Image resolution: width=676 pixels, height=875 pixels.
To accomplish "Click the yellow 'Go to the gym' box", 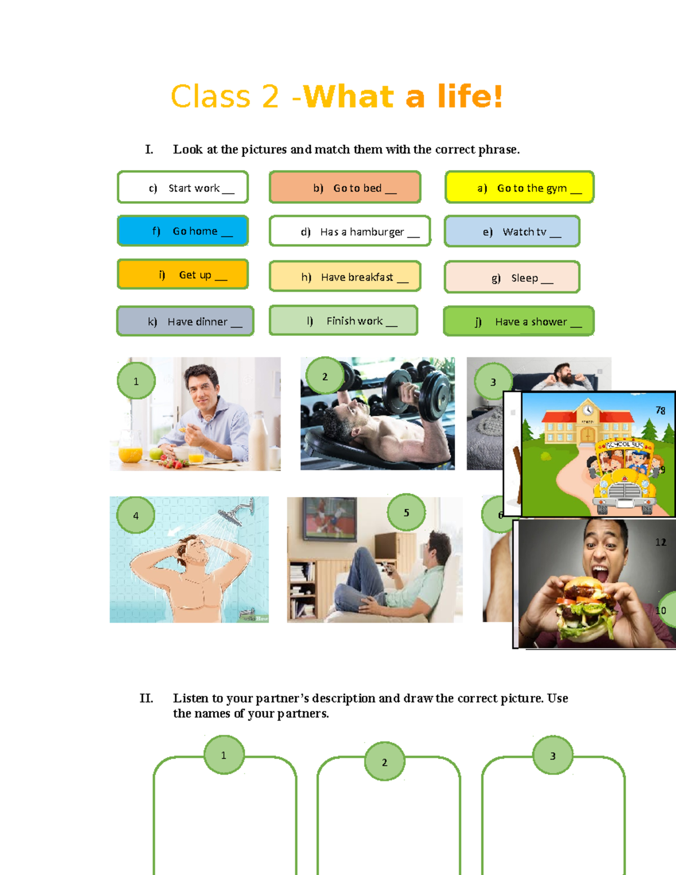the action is click(x=519, y=187).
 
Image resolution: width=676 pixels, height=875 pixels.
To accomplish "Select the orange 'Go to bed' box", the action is click(x=345, y=187).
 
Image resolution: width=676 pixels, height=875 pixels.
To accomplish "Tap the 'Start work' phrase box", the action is click(x=183, y=187).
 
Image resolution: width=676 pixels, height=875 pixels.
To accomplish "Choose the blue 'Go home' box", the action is click(x=183, y=231).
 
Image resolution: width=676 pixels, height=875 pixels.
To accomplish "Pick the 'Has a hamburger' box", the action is click(x=350, y=231).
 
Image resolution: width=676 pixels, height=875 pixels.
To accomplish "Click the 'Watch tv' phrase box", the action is click(x=512, y=231).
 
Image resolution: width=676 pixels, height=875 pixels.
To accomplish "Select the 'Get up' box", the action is click(x=183, y=274).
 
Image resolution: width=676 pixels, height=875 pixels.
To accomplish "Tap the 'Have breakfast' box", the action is click(x=345, y=276).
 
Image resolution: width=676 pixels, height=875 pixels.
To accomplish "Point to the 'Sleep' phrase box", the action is click(x=512, y=277).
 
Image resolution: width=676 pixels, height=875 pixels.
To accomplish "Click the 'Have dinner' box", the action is click(x=185, y=321).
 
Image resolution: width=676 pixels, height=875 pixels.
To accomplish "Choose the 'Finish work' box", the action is click(x=344, y=320).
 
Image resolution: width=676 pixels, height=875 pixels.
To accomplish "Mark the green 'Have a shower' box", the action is click(x=519, y=321).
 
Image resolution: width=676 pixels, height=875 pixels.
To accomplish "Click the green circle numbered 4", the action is click(x=136, y=515).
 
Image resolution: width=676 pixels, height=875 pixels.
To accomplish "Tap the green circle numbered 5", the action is click(x=406, y=512).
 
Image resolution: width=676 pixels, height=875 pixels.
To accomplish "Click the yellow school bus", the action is click(x=625, y=478).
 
